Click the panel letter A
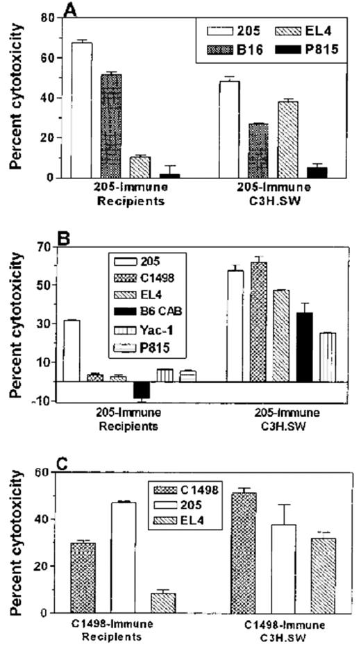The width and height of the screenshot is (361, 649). [70, 10]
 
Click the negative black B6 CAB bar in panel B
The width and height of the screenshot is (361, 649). [142, 390]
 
